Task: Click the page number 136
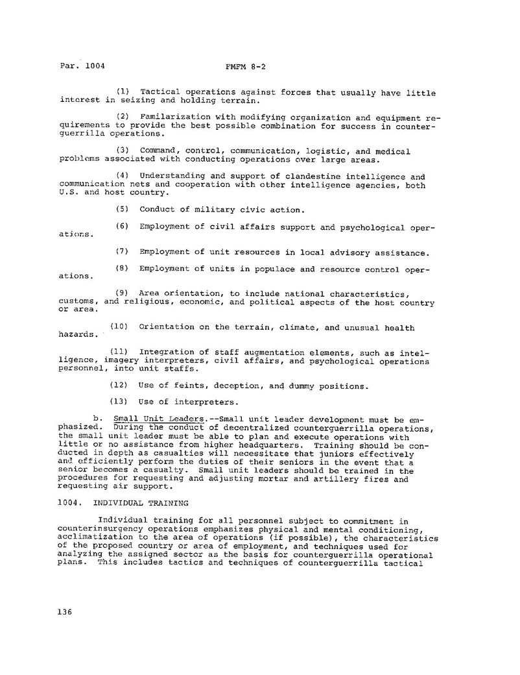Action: coord(65,612)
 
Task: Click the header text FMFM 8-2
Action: coord(239,66)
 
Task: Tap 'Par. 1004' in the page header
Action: coord(82,66)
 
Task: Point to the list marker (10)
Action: coord(121,327)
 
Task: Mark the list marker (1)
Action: coord(123,93)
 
